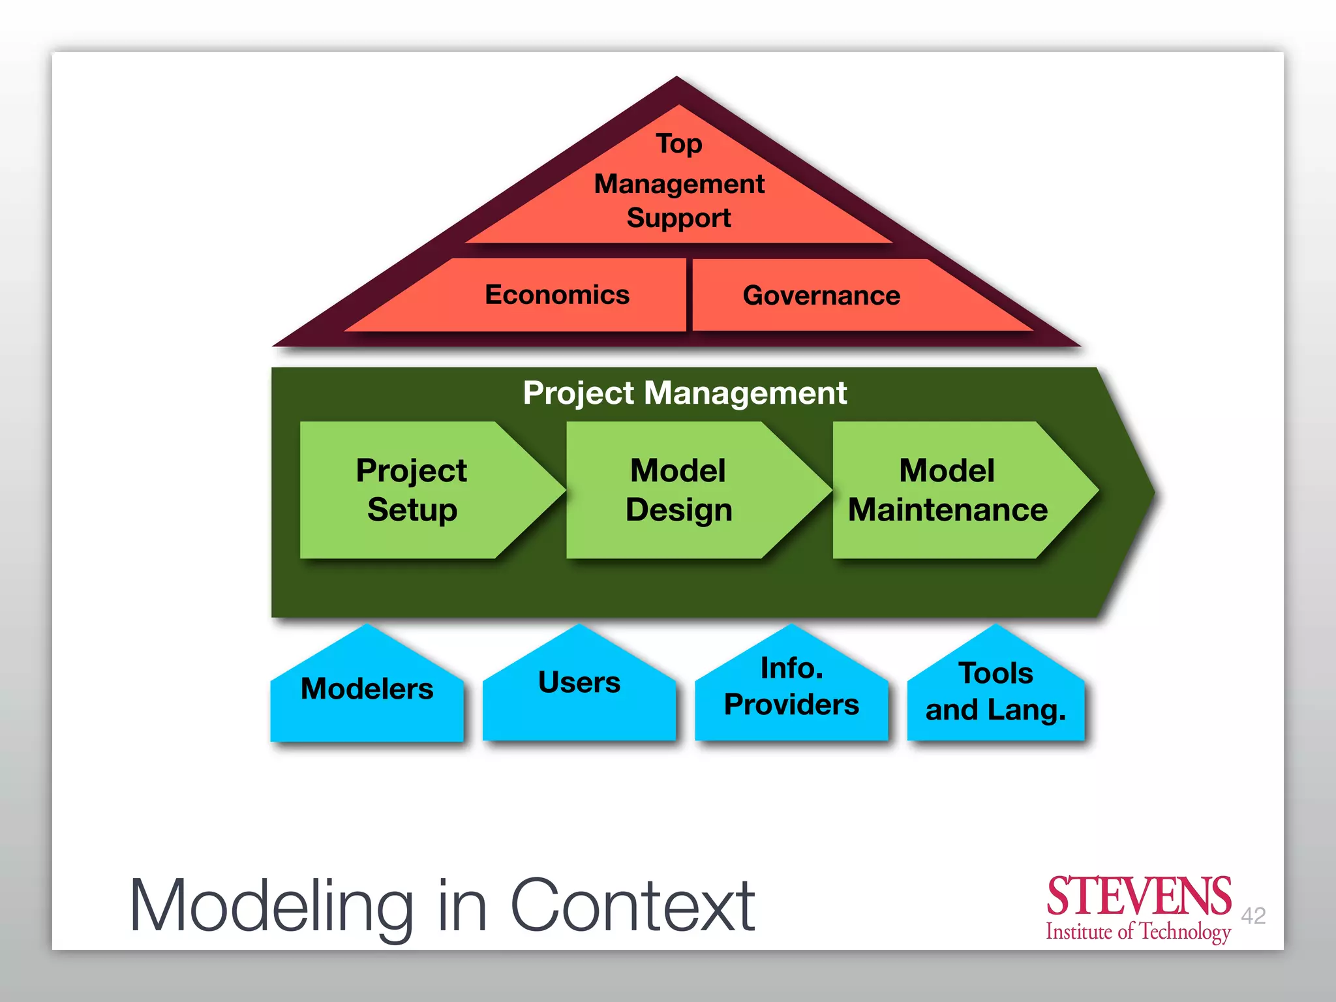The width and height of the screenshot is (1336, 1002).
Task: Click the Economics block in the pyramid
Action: click(556, 295)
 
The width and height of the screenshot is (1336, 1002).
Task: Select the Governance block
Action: click(821, 296)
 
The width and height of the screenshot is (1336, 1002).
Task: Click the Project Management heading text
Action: click(684, 393)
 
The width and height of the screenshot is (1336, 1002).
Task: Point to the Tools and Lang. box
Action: click(995, 691)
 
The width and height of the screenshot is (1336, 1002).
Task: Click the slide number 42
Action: click(1253, 915)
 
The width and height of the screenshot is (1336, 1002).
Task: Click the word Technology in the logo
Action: click(1185, 932)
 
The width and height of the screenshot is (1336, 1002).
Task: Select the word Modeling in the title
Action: click(271, 907)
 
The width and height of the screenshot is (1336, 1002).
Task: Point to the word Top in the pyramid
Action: click(679, 144)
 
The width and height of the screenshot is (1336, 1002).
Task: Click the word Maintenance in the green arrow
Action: click(948, 510)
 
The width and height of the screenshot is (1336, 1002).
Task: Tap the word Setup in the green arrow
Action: click(412, 510)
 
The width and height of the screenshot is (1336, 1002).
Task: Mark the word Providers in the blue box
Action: click(791, 705)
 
